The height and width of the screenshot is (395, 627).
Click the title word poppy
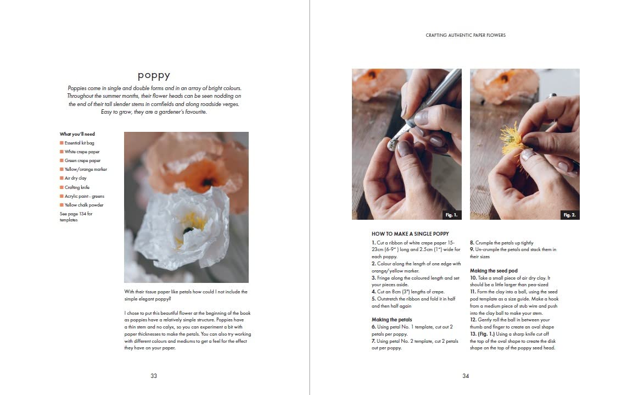point(154,75)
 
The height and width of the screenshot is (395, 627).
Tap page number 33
point(154,376)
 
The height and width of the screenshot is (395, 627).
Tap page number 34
point(466,376)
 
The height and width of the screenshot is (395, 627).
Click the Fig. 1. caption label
point(451,215)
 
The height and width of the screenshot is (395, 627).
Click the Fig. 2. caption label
point(569,215)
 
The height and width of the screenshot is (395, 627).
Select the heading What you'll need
point(77,134)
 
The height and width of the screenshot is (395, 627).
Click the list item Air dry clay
point(75,178)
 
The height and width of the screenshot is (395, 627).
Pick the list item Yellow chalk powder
point(83,205)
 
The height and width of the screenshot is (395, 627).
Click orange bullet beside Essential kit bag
point(61,143)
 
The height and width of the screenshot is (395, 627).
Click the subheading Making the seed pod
point(494,271)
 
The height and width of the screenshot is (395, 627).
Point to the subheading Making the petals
point(391,319)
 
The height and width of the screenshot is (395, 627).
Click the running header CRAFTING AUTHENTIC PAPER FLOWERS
point(466,35)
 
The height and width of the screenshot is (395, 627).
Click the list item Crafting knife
point(77,187)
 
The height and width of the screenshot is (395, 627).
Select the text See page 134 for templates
point(76,216)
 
